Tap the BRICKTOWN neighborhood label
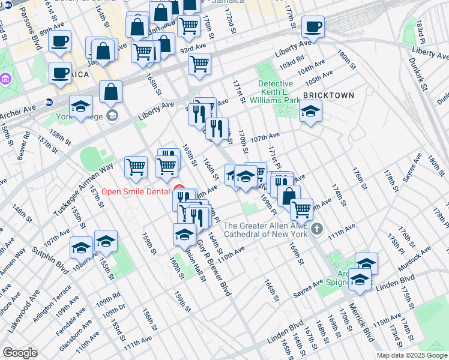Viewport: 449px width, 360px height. [x=328, y=95]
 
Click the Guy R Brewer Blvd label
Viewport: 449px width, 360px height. [x=214, y=265]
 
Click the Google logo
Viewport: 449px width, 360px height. [x=20, y=353]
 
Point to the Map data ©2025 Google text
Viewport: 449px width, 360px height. [x=412, y=355]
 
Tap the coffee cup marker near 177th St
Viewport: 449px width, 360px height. [x=312, y=27]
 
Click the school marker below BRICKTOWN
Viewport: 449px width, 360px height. [x=310, y=111]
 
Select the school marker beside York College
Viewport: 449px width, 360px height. [x=81, y=107]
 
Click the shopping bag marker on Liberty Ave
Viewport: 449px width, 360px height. [x=111, y=92]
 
